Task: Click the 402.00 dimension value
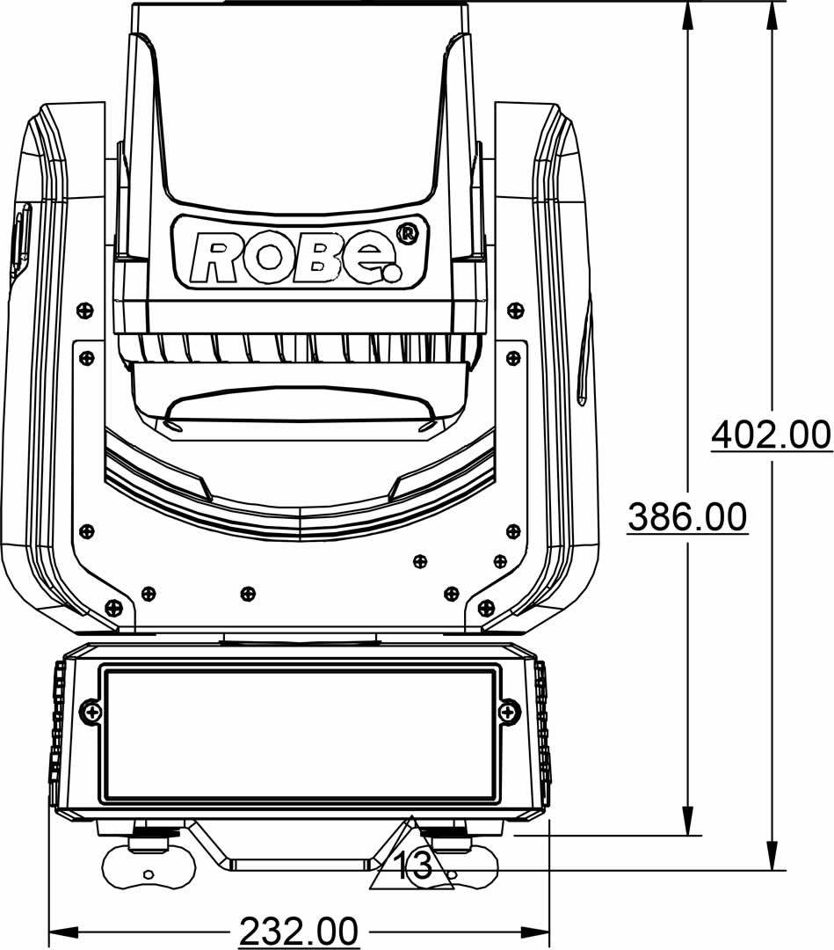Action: pos(771,435)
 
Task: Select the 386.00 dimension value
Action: pos(687,517)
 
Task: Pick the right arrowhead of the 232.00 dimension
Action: pos(535,930)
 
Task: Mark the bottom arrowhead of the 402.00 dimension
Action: pos(771,856)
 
